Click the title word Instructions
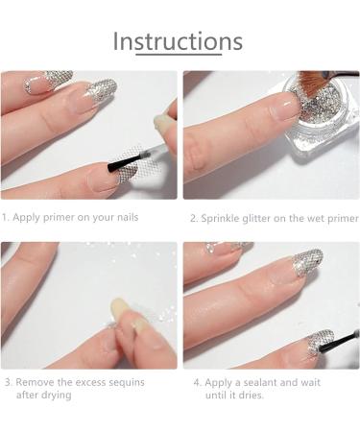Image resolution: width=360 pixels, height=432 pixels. [x=178, y=42]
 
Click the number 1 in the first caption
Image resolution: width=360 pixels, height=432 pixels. [x=5, y=218]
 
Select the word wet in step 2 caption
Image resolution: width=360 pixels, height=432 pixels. [x=313, y=219]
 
